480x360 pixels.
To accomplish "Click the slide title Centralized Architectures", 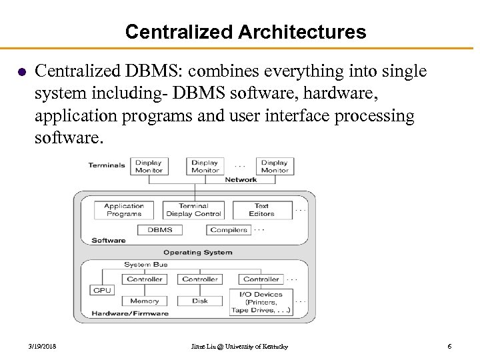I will click(x=245, y=31).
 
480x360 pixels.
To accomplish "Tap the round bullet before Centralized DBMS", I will click(x=20, y=71).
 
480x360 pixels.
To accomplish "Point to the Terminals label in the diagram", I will click(x=107, y=165).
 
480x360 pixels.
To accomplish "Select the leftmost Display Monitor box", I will click(x=149, y=166).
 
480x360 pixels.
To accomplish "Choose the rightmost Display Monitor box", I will click(x=274, y=166).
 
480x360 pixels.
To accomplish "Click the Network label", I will click(x=241, y=180).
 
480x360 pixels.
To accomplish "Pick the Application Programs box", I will click(x=124, y=210).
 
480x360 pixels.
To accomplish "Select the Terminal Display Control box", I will click(x=193, y=210).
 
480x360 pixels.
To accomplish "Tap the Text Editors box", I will click(x=261, y=210).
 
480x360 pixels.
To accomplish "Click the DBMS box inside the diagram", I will click(x=160, y=230).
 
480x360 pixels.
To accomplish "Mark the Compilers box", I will click(x=229, y=230).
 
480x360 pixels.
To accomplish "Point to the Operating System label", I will click(x=198, y=253).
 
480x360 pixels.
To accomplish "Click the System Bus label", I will click(x=145, y=265).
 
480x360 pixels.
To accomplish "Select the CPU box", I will click(x=102, y=290).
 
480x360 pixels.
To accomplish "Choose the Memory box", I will click(x=144, y=301).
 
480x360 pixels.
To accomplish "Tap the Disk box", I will click(x=200, y=301).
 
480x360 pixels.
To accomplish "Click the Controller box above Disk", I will click(x=200, y=279).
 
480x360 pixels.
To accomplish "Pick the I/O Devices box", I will click(x=260, y=302).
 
